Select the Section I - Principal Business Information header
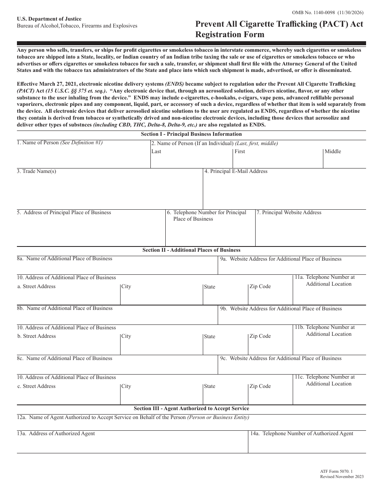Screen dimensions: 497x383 click(x=191, y=134)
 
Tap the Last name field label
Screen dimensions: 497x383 click(x=156, y=152)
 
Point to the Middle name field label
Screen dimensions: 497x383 click(x=333, y=152)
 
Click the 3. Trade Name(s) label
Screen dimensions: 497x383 click(x=37, y=171)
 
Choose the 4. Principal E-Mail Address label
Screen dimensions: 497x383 click(x=236, y=171)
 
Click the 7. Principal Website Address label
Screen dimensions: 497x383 click(x=289, y=213)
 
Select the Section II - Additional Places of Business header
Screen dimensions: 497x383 click(x=191, y=250)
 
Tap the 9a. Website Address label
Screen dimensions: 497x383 click(x=281, y=259)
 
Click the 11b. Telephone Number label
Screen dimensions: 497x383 click(x=325, y=331)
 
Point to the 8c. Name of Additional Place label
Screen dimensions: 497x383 click(x=65, y=358)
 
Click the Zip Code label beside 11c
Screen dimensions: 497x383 click(x=260, y=386)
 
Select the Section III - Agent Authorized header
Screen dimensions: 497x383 click(x=191, y=409)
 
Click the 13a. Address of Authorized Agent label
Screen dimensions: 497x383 click(x=56, y=434)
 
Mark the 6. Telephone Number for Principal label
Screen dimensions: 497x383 click(x=207, y=216)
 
